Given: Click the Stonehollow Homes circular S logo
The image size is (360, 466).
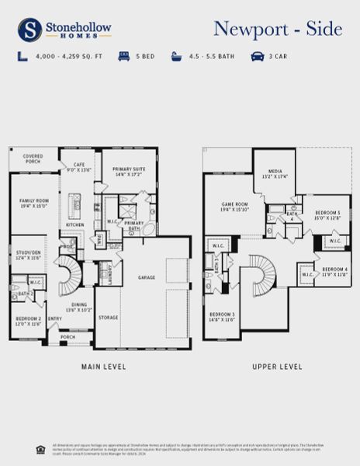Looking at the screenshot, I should [x=30, y=30].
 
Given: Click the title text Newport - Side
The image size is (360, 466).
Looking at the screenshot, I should [x=277, y=30].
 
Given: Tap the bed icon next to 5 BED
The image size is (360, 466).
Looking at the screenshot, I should [x=124, y=56].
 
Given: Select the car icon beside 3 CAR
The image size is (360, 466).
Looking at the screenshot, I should [x=257, y=56].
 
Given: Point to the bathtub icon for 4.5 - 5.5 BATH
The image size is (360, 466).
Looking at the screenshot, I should [x=177, y=56].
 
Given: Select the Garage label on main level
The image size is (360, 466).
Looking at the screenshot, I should [x=147, y=277].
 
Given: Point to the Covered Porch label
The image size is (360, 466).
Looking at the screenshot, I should [x=32, y=158].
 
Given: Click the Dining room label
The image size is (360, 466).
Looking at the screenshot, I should [x=79, y=307].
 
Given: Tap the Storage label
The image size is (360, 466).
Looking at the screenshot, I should [x=109, y=317].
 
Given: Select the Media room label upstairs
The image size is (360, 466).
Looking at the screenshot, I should [x=275, y=173].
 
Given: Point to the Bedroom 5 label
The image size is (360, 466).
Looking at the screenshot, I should [x=327, y=214].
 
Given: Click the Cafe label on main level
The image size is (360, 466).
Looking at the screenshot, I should [x=78, y=166].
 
